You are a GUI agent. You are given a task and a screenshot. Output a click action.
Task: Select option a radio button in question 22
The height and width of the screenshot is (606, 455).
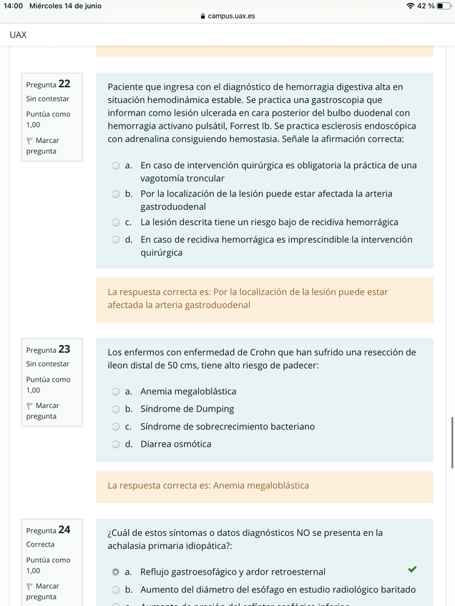(116, 165)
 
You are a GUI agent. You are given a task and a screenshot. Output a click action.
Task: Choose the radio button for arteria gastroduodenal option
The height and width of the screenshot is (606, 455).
(116, 194)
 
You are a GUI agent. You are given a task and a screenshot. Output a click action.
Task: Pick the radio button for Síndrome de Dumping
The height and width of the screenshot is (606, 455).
(116, 409)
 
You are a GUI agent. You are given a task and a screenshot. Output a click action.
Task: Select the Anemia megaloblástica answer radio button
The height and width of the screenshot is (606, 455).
(116, 392)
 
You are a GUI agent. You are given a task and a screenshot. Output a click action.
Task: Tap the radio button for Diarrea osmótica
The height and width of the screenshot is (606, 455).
(116, 444)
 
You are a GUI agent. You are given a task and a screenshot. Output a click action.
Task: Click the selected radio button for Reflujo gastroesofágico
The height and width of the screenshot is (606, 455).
(116, 572)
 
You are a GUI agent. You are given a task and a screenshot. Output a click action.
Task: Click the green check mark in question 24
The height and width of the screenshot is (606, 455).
(412, 570)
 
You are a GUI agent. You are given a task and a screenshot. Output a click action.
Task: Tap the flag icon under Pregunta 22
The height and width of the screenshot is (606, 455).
(30, 141)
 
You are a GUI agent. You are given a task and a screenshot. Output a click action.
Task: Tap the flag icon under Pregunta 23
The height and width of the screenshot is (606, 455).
(30, 406)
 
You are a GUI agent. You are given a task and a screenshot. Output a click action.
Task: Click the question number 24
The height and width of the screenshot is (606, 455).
(64, 530)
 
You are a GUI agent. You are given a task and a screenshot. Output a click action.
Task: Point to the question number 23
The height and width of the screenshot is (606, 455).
(64, 349)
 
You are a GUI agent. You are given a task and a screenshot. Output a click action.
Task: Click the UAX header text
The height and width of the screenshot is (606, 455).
(19, 34)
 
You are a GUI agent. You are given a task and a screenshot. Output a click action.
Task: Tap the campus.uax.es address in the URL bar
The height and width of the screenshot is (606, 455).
(231, 16)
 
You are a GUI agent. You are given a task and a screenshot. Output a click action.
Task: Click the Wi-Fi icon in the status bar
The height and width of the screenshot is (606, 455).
(410, 6)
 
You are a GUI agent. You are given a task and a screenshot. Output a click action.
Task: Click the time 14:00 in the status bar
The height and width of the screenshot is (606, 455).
(14, 6)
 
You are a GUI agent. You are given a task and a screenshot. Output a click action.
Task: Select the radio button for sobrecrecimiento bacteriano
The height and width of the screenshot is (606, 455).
(116, 427)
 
